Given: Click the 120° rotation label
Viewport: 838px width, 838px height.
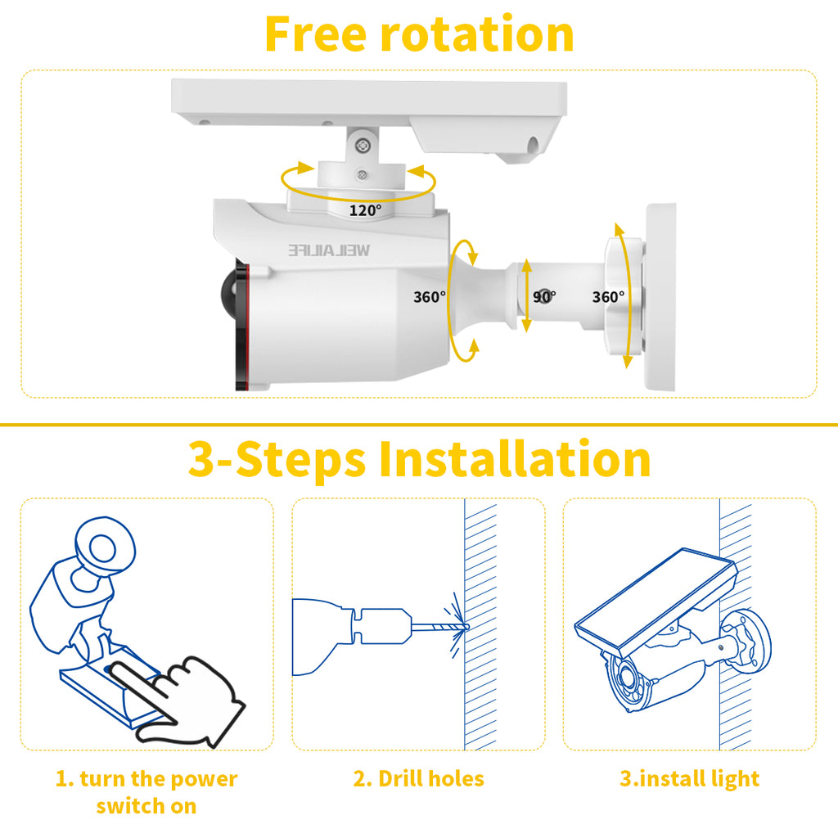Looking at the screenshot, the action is pyautogui.click(x=366, y=210).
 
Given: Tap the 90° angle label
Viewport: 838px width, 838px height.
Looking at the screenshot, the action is pyautogui.click(x=544, y=296).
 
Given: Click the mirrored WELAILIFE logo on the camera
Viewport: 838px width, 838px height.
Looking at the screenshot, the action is pyautogui.click(x=329, y=250).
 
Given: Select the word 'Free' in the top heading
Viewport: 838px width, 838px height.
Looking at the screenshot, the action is pyautogui.click(x=315, y=34).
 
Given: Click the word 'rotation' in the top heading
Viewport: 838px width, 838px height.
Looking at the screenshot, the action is pyautogui.click(x=477, y=34).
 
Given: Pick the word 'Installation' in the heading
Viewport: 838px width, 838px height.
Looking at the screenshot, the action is pyautogui.click(x=515, y=459).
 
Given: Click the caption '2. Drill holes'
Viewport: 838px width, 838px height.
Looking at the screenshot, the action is pyautogui.click(x=418, y=779).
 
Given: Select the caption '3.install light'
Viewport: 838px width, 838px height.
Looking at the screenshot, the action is pyautogui.click(x=689, y=779).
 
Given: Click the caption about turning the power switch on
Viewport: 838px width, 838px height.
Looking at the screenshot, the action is pyautogui.click(x=146, y=792).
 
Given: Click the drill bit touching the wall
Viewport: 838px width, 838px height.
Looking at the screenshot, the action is pyautogui.click(x=439, y=627).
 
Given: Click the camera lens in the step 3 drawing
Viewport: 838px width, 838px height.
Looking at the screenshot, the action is pyautogui.click(x=628, y=682).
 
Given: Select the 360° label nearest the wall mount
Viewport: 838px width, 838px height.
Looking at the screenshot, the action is pyautogui.click(x=608, y=296).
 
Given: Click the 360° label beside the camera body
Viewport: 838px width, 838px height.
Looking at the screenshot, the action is pyautogui.click(x=430, y=296).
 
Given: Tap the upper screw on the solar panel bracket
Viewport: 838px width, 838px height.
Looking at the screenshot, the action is pyautogui.click(x=363, y=144).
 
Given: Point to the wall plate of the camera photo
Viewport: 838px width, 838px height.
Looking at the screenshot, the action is pyautogui.click(x=660, y=297).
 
